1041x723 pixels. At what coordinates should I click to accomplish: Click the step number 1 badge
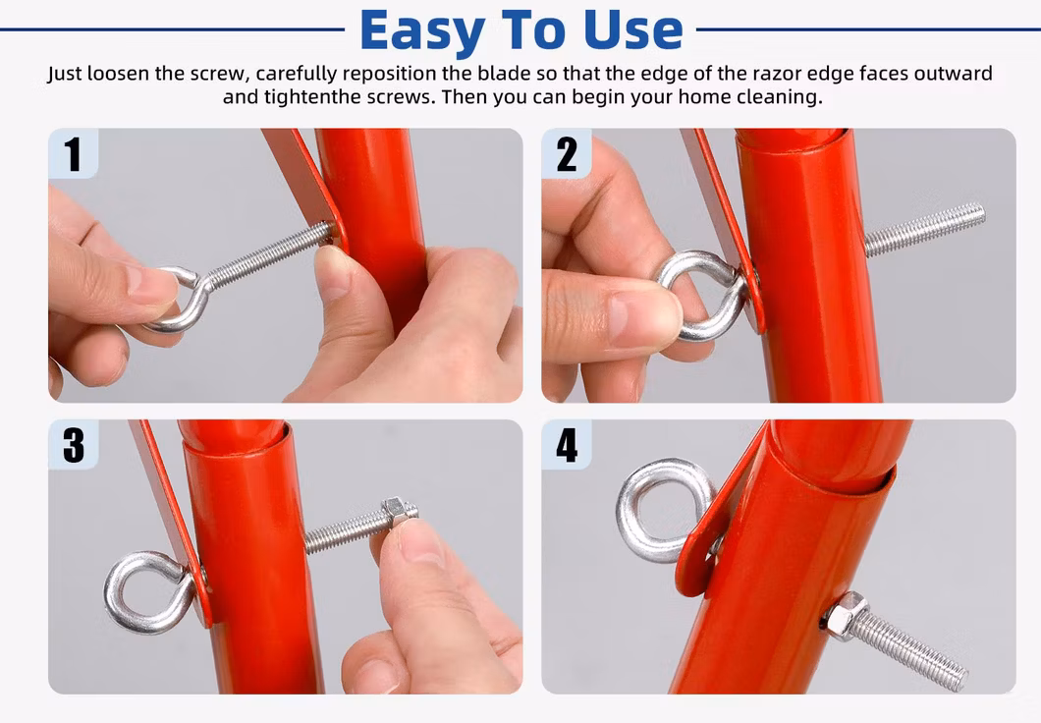coord(73,154)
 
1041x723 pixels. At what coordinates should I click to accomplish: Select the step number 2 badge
coord(567,154)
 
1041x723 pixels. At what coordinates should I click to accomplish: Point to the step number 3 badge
coord(73,445)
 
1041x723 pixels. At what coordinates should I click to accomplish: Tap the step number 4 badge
coord(567,445)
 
